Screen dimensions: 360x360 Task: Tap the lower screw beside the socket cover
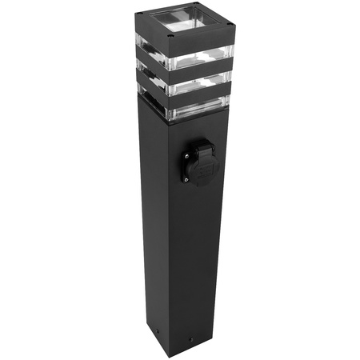click(x=186, y=179)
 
